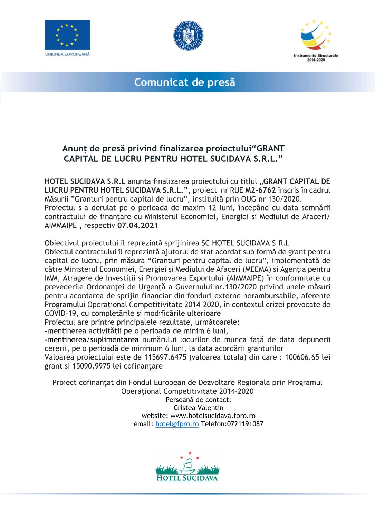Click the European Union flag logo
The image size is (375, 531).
tap(67, 35)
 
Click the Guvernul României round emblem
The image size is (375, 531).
tap(188, 36)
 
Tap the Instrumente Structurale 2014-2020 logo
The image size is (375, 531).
tap(316, 40)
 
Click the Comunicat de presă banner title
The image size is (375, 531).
tap(185, 82)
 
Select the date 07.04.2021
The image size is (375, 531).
tap(138, 226)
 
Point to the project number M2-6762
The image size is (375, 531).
tap(260, 190)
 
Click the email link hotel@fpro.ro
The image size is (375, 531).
tap(177, 424)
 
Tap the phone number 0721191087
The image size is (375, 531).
tap(245, 424)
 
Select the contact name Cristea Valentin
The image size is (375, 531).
tap(198, 408)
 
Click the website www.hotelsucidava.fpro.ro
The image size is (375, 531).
tap(213, 416)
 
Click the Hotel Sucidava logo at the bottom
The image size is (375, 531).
tap(187, 467)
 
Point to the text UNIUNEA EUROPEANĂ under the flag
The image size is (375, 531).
tap(67, 54)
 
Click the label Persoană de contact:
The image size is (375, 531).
tap(198, 400)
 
